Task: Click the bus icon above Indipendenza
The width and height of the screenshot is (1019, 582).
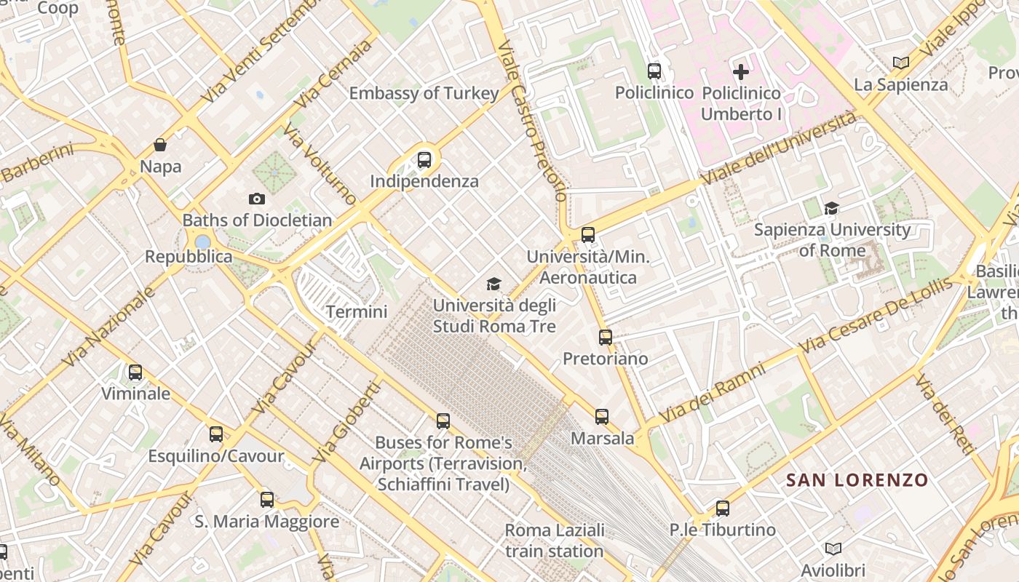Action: pos(424,159)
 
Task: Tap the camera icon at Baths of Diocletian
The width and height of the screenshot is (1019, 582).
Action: pos(256,199)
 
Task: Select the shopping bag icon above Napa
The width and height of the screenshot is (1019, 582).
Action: pos(160,145)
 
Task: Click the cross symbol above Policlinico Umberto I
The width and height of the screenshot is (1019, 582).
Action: pos(741,71)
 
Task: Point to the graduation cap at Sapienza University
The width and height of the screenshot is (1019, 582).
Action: pos(831,209)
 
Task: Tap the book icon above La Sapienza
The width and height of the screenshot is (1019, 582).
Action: pos(901,63)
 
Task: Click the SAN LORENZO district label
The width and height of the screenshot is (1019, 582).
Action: pos(857,480)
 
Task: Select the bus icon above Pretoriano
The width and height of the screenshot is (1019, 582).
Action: pos(606,337)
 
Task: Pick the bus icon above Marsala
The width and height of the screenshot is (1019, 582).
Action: pos(602,417)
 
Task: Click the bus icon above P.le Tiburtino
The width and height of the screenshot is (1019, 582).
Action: pos(722,509)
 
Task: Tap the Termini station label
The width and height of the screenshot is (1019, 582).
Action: pos(357,312)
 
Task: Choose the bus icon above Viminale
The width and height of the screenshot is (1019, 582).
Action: pos(135,372)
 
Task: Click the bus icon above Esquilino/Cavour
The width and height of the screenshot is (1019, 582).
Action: pos(216,434)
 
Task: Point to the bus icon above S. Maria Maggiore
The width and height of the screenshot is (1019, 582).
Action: pos(267,500)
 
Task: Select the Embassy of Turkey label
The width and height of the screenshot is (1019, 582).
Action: pos(424,93)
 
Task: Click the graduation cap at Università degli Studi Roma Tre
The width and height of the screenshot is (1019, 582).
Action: pos(494,284)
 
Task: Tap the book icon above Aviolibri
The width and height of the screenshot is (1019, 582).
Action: pos(833,549)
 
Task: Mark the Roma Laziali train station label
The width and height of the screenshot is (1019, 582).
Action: pos(555,541)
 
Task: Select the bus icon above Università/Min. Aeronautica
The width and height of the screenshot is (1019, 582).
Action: pos(588,235)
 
